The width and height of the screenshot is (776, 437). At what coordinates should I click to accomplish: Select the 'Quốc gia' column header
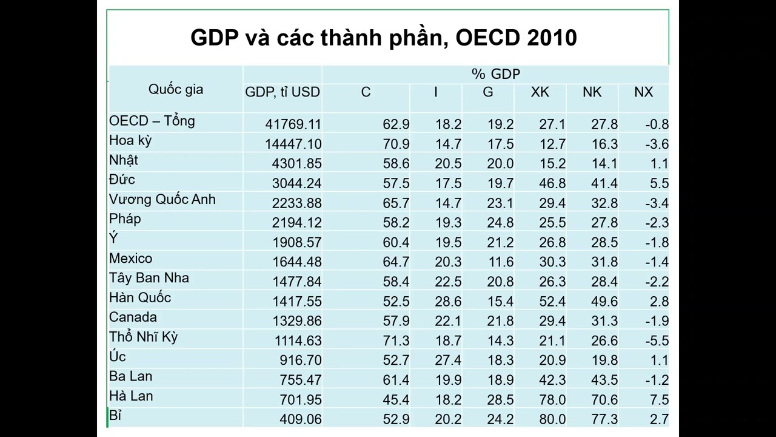pos(176,90)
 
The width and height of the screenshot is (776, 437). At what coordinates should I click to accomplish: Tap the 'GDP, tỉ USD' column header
pos(283,92)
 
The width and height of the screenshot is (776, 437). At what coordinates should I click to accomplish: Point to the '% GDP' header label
pos(496,74)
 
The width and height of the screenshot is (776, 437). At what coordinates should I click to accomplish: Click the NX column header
pos(643,92)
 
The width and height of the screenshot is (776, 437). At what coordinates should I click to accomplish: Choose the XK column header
pos(540,92)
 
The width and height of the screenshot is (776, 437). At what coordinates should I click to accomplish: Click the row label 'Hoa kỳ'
pos(130,141)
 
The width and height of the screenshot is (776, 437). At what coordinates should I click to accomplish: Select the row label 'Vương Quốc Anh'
pos(162,200)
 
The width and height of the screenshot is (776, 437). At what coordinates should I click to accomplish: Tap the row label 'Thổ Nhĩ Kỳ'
pos(144,337)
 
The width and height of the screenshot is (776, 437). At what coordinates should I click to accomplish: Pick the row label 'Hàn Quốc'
pos(140,297)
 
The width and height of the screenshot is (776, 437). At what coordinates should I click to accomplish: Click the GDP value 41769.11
pos(293,124)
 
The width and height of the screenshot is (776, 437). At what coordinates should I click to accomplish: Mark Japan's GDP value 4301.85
pos(296,163)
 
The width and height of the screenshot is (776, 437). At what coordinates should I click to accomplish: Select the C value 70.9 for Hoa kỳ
pos(396,144)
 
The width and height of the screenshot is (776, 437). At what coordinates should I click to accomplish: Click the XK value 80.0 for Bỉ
pos(552,419)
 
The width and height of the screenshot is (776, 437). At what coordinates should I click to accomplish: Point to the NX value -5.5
pos(657,340)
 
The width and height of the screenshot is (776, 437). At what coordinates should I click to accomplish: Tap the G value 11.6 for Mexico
pos(501,262)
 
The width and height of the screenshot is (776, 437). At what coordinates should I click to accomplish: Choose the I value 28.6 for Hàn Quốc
pos(448,302)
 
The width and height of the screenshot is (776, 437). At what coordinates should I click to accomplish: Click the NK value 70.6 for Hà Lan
pos(604,399)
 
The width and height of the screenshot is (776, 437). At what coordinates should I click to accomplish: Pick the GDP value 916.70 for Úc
pos(301,360)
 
